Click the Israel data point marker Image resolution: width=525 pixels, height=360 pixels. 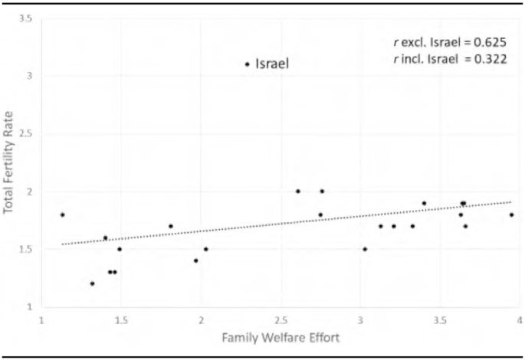pos(247,64)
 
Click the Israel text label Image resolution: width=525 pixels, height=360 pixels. pos(272,65)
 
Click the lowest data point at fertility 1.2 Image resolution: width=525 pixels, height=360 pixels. pos(92,283)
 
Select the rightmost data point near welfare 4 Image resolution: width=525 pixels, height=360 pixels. pos(511,214)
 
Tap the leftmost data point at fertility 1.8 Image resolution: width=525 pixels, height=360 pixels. pos(62,214)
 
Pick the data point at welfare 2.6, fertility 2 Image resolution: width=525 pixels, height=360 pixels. pos(298,191)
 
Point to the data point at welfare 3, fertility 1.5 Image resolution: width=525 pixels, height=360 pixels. pos(365,249)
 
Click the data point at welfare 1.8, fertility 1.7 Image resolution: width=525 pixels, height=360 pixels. pos(170,226)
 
